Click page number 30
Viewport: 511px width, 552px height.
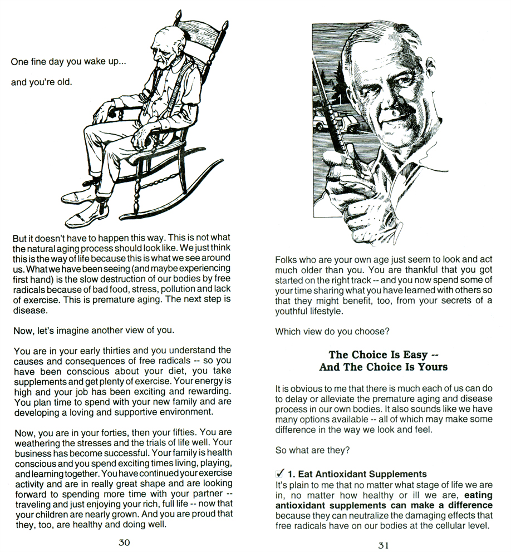124,543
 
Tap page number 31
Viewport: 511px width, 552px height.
383,545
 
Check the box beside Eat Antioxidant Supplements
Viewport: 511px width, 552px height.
280,474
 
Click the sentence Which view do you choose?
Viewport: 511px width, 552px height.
332,332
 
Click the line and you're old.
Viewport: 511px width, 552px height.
42,82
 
